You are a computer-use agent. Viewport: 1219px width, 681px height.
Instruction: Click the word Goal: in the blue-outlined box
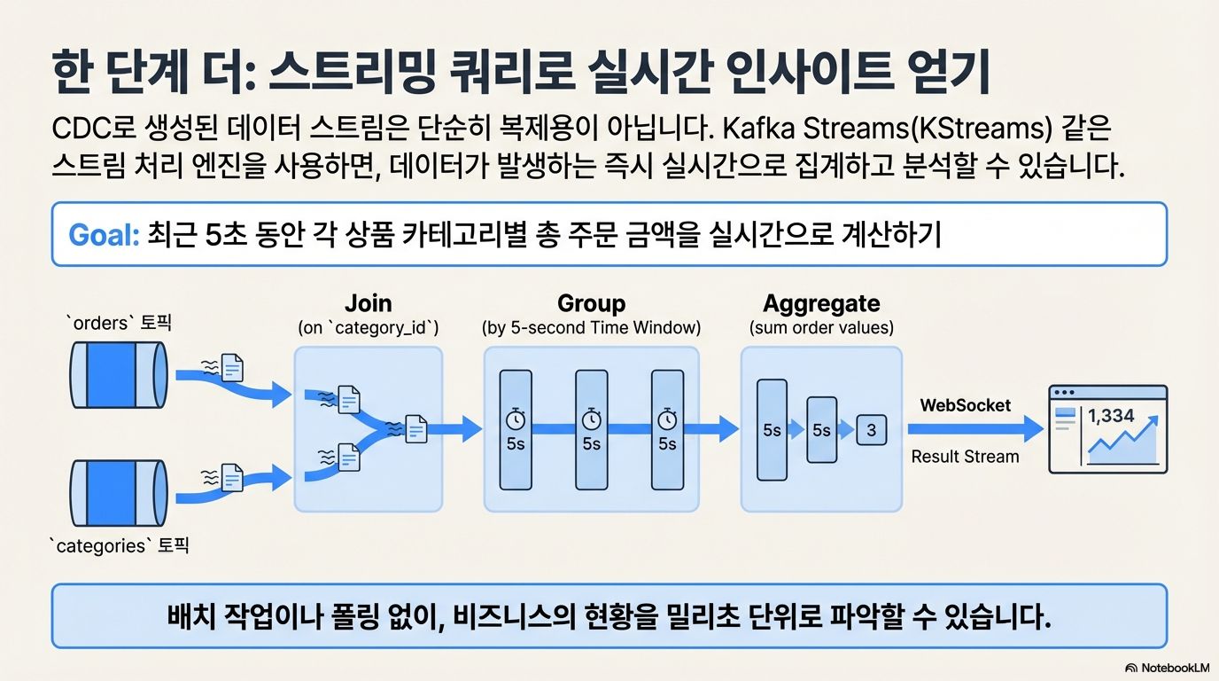(x=103, y=236)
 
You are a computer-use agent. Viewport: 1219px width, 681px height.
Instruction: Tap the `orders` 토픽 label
(x=118, y=324)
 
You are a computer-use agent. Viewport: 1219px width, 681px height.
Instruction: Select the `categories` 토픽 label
(x=118, y=545)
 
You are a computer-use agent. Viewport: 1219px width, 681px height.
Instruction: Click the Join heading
(x=368, y=303)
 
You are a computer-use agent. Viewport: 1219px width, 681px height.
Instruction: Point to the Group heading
(x=591, y=303)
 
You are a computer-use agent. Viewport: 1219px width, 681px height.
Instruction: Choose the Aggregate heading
(x=821, y=303)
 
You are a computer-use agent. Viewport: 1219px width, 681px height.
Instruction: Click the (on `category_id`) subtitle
(x=368, y=327)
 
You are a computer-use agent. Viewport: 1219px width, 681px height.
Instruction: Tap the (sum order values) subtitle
(x=821, y=327)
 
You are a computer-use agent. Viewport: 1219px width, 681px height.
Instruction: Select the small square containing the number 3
(x=872, y=431)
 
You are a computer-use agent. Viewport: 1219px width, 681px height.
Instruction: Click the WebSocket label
(x=965, y=405)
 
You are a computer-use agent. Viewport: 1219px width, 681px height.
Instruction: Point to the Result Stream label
(x=965, y=457)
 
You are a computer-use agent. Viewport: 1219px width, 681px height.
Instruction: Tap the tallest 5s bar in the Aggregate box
(x=772, y=431)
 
